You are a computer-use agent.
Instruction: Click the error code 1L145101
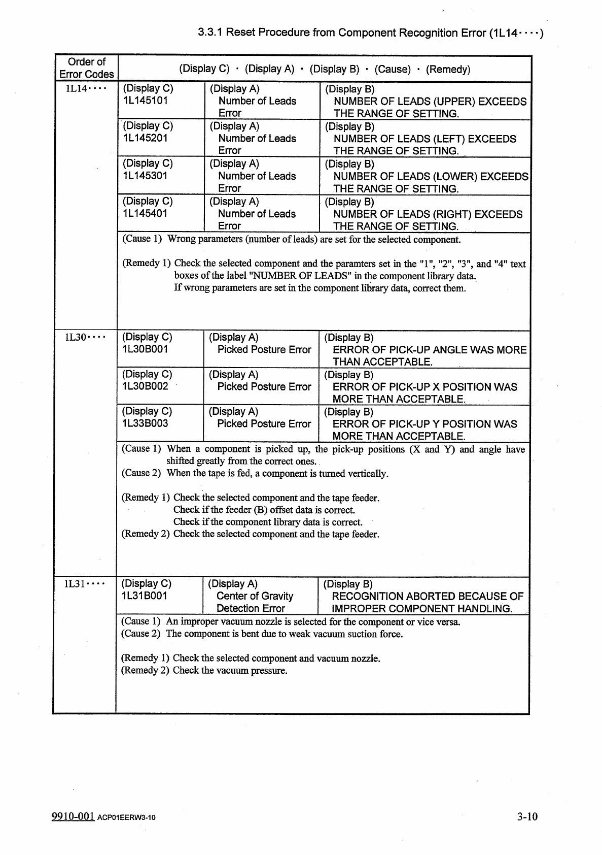click(x=145, y=101)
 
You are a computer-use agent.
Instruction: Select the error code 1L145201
click(x=145, y=138)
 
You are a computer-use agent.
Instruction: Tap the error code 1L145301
click(x=145, y=176)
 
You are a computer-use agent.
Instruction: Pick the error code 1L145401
click(x=145, y=213)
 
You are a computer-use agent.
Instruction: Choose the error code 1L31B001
click(x=144, y=596)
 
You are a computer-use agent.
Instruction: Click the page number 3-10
click(x=527, y=816)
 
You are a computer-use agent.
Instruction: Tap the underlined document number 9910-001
click(x=73, y=816)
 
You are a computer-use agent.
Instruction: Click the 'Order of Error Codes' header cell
click(x=86, y=68)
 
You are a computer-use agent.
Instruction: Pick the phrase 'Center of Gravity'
click(x=255, y=596)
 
